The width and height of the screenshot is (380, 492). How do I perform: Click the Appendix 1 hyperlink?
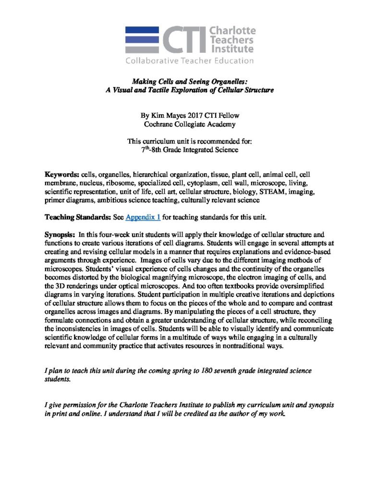pyautogui.click(x=143, y=217)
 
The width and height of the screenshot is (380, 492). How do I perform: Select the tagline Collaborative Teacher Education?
pyautogui.click(x=189, y=61)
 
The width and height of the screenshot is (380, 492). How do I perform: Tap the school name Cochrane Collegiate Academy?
pyautogui.click(x=190, y=124)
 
